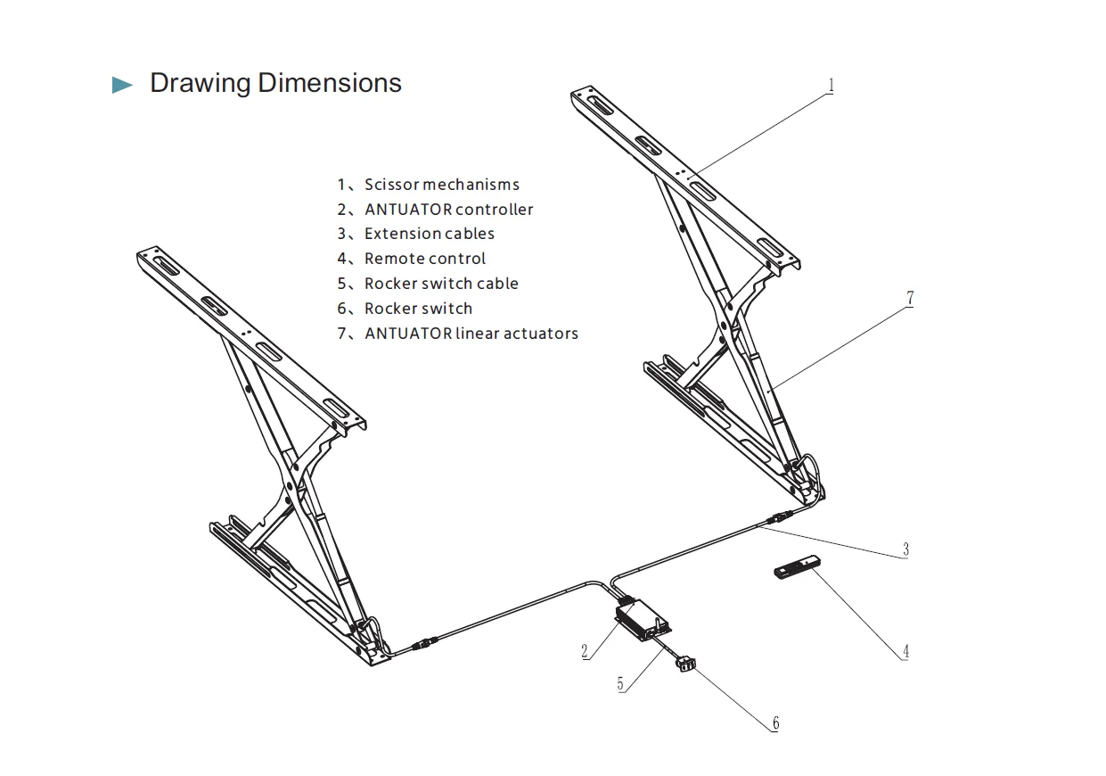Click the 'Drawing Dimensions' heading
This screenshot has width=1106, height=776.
click(275, 83)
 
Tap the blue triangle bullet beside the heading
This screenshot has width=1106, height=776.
click(122, 86)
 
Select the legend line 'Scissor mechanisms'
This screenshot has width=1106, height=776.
click(428, 185)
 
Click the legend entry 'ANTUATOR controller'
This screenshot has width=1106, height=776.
click(435, 210)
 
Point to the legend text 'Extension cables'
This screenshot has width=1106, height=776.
click(415, 234)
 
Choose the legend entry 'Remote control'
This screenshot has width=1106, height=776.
click(411, 259)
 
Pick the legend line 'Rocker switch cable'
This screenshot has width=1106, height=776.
click(427, 284)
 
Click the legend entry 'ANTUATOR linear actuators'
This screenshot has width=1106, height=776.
click(457, 334)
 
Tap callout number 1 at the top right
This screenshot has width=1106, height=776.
click(831, 86)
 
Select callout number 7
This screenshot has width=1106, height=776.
click(909, 299)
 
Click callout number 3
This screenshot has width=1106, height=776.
click(905, 549)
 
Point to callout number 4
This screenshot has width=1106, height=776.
click(905, 651)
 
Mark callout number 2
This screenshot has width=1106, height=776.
click(585, 651)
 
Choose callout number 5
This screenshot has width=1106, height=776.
click(620, 684)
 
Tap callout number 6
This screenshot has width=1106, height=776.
click(775, 722)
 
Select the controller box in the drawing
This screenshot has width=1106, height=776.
click(644, 617)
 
